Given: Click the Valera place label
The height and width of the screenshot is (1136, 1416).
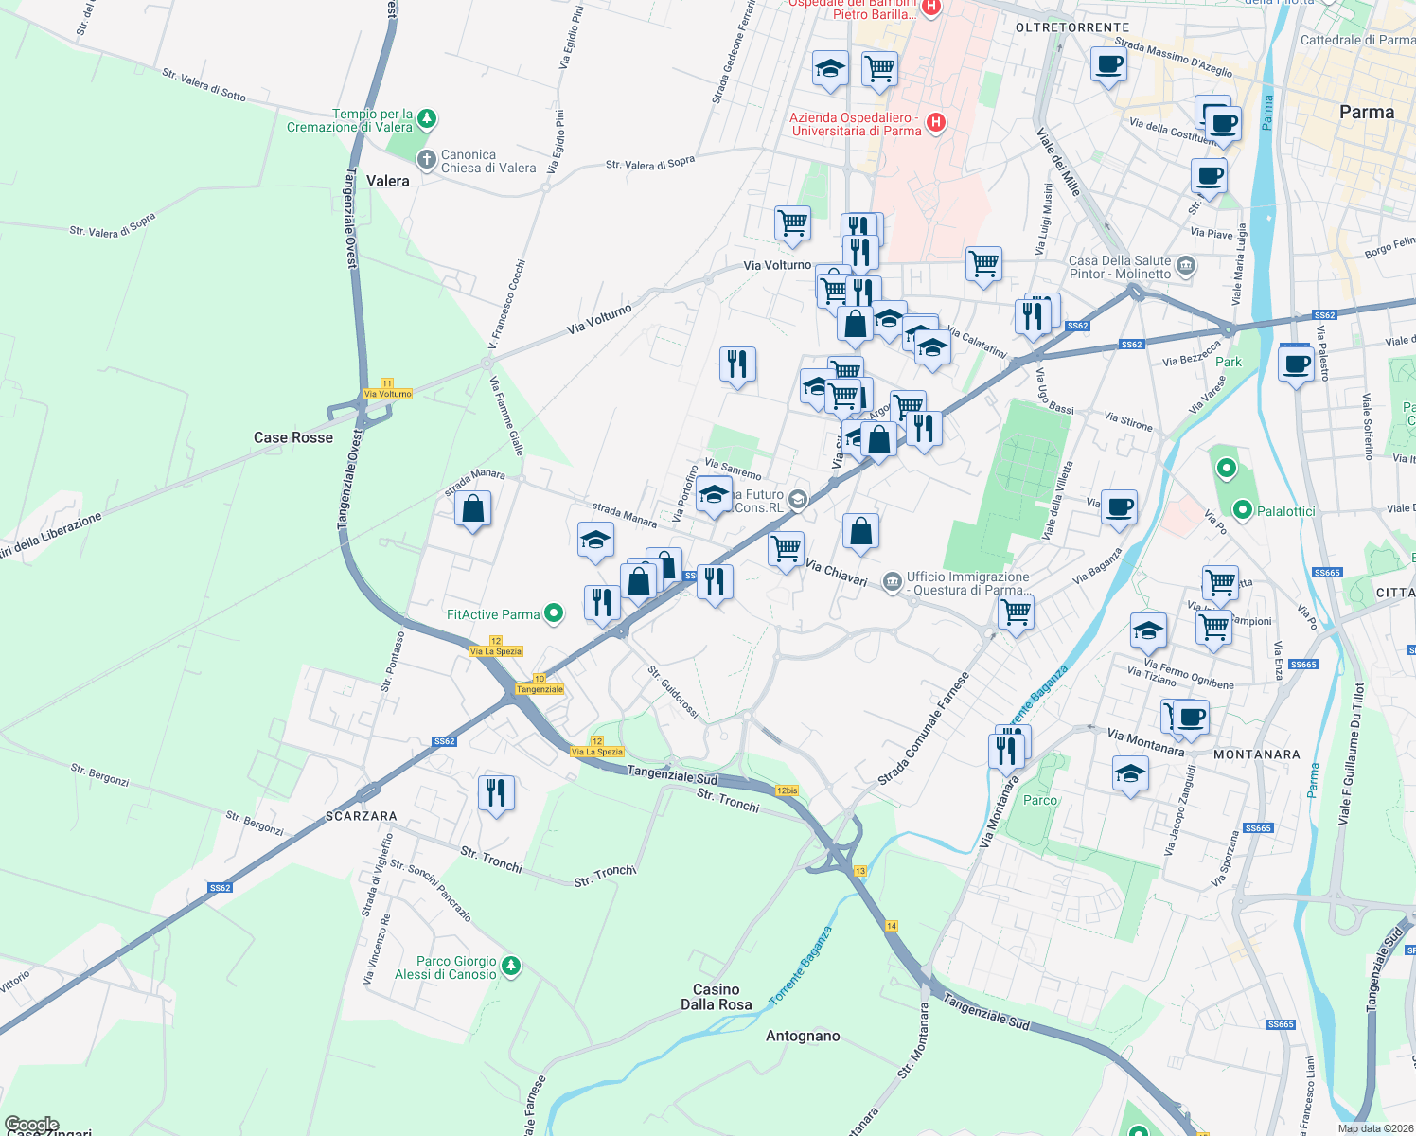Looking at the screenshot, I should [x=388, y=181].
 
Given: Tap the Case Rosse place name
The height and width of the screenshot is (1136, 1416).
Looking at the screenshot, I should [x=293, y=437].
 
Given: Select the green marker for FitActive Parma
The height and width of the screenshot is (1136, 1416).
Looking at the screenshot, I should [x=554, y=614].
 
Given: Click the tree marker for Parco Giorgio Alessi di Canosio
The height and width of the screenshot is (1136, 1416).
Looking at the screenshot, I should [x=511, y=967].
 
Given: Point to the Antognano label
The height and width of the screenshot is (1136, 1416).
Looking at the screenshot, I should [x=803, y=1036].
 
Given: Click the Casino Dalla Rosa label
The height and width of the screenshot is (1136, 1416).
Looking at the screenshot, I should [x=717, y=997].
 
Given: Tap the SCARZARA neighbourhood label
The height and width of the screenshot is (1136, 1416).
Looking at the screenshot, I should [x=362, y=816].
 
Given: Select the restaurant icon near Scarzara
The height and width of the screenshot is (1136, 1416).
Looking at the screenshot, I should [x=496, y=793].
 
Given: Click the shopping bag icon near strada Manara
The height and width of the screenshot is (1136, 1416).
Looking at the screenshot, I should [x=472, y=509].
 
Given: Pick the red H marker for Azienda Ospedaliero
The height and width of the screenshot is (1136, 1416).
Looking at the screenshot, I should [x=935, y=123].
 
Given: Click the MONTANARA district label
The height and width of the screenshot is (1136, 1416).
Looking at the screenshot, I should [x=1257, y=754].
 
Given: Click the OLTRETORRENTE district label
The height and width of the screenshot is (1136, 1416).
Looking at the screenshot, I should [x=1072, y=27].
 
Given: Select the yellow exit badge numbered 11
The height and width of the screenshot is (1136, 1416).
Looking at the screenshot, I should [x=386, y=383].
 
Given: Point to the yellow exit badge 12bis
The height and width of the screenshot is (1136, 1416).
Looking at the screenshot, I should [x=787, y=790].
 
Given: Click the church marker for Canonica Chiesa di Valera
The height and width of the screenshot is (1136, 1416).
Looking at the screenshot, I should [x=427, y=161].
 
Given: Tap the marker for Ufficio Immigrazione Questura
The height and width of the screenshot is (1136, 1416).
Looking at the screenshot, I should [x=892, y=582].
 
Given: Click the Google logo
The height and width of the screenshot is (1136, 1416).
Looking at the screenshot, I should [x=31, y=1125].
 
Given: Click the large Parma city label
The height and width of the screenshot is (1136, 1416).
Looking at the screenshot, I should [x=1367, y=112].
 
